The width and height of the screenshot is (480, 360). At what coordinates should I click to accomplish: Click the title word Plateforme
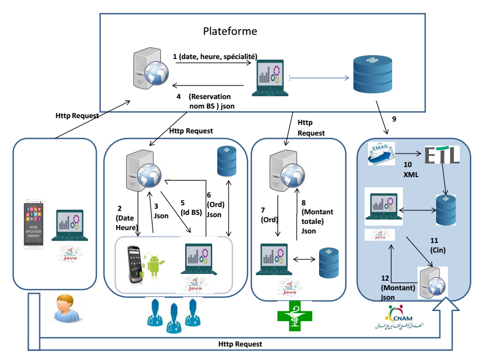[x=230, y=31]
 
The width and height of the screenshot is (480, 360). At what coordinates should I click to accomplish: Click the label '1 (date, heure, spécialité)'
[x=215, y=56]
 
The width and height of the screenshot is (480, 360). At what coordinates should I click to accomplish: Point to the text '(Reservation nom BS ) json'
[x=216, y=100]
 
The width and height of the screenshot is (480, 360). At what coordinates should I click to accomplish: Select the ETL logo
[x=442, y=155]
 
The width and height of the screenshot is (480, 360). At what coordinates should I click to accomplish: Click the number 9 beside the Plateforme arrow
[x=394, y=119]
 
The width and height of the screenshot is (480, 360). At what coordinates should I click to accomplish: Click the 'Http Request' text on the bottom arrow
[x=240, y=344]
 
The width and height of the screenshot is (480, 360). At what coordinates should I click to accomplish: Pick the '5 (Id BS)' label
[x=190, y=207]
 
